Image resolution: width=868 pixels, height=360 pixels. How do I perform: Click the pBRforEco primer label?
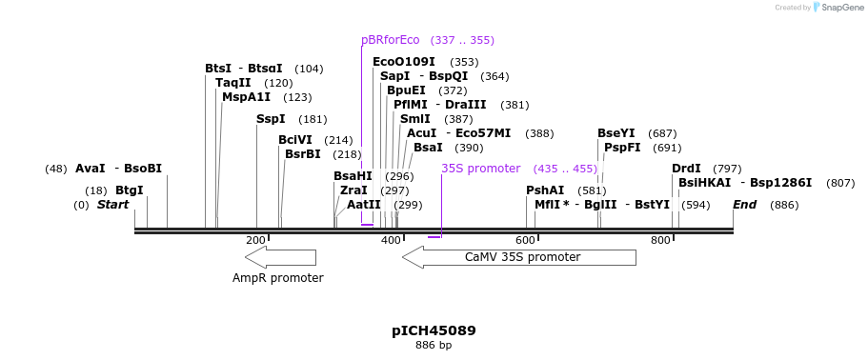(390, 40)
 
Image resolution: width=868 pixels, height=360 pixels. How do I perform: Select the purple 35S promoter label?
(480, 169)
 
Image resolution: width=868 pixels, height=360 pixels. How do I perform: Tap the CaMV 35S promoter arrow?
(519, 257)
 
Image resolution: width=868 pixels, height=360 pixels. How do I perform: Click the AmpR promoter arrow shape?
(280, 257)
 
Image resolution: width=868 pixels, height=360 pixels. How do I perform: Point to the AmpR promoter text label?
(278, 278)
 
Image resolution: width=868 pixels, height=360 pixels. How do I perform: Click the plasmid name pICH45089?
(434, 330)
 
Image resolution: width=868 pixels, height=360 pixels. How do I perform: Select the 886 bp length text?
(434, 345)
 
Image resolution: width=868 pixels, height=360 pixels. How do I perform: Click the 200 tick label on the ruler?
(255, 241)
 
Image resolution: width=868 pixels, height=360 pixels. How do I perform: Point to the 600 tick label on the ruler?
(525, 241)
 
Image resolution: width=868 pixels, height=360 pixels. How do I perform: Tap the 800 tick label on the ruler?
(660, 241)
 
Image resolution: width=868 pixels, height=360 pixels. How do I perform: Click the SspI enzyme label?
(271, 119)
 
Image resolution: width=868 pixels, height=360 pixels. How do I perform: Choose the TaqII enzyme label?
(232, 83)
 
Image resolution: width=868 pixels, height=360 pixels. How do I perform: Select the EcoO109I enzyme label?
(403, 62)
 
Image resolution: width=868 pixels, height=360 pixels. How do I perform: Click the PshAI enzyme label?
(545, 190)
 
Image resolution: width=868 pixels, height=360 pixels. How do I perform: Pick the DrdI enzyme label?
(686, 169)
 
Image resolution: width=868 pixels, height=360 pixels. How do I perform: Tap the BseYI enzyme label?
(616, 133)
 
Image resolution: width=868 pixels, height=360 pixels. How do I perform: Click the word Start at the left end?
(112, 205)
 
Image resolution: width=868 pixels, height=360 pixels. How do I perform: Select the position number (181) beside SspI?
(313, 120)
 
